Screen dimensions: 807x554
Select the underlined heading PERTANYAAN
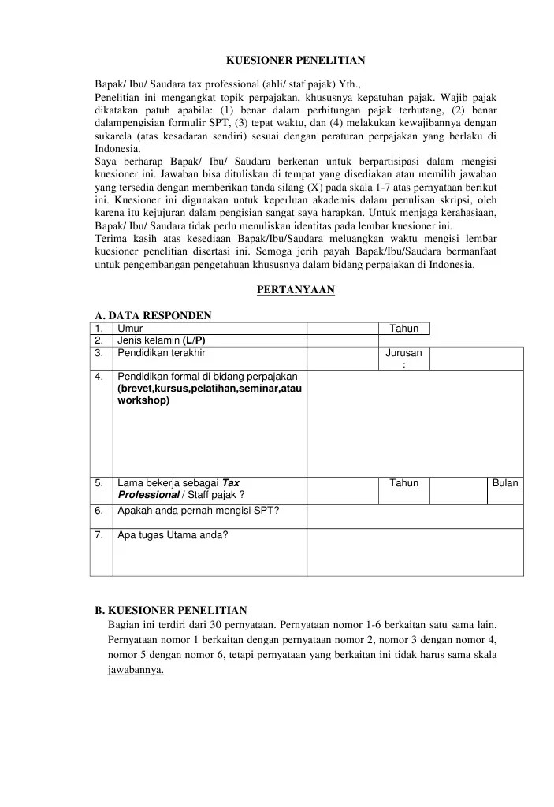tap(296, 290)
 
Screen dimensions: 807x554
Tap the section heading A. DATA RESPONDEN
tap(153, 315)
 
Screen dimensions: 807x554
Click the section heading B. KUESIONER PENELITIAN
tap(171, 609)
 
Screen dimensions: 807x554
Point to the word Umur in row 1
tap(130, 329)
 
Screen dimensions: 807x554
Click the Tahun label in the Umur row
tap(404, 329)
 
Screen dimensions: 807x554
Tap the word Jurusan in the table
tap(403, 353)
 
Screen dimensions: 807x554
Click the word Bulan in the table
tap(505, 482)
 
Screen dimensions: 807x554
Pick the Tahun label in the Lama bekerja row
tap(404, 482)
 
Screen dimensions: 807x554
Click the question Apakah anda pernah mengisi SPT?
tap(198, 510)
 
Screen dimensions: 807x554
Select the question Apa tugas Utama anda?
tap(173, 535)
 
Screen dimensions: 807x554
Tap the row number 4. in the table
tap(99, 377)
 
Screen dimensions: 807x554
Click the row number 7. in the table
tap(99, 535)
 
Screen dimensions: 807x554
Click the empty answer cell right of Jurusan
tap(476, 359)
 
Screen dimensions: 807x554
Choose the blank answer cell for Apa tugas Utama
tap(415, 552)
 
